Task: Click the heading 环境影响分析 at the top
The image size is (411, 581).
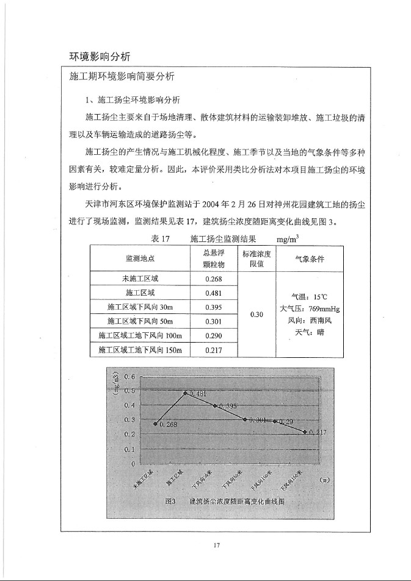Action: click(x=100, y=57)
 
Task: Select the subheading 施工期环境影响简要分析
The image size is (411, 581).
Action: click(x=123, y=77)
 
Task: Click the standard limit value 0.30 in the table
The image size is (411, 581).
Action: click(x=257, y=314)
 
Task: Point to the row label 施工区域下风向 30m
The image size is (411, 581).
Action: click(x=140, y=307)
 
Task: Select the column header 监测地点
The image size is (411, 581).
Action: click(x=140, y=258)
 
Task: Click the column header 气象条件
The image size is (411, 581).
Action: click(x=310, y=258)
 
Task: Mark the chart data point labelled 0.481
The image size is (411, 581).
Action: click(x=186, y=393)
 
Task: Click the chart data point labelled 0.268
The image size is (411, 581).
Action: click(x=156, y=423)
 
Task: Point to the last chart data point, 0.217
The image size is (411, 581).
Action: click(x=305, y=432)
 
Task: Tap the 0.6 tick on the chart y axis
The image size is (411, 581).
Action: click(x=129, y=377)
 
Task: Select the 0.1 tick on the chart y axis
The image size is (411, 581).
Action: click(x=129, y=449)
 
